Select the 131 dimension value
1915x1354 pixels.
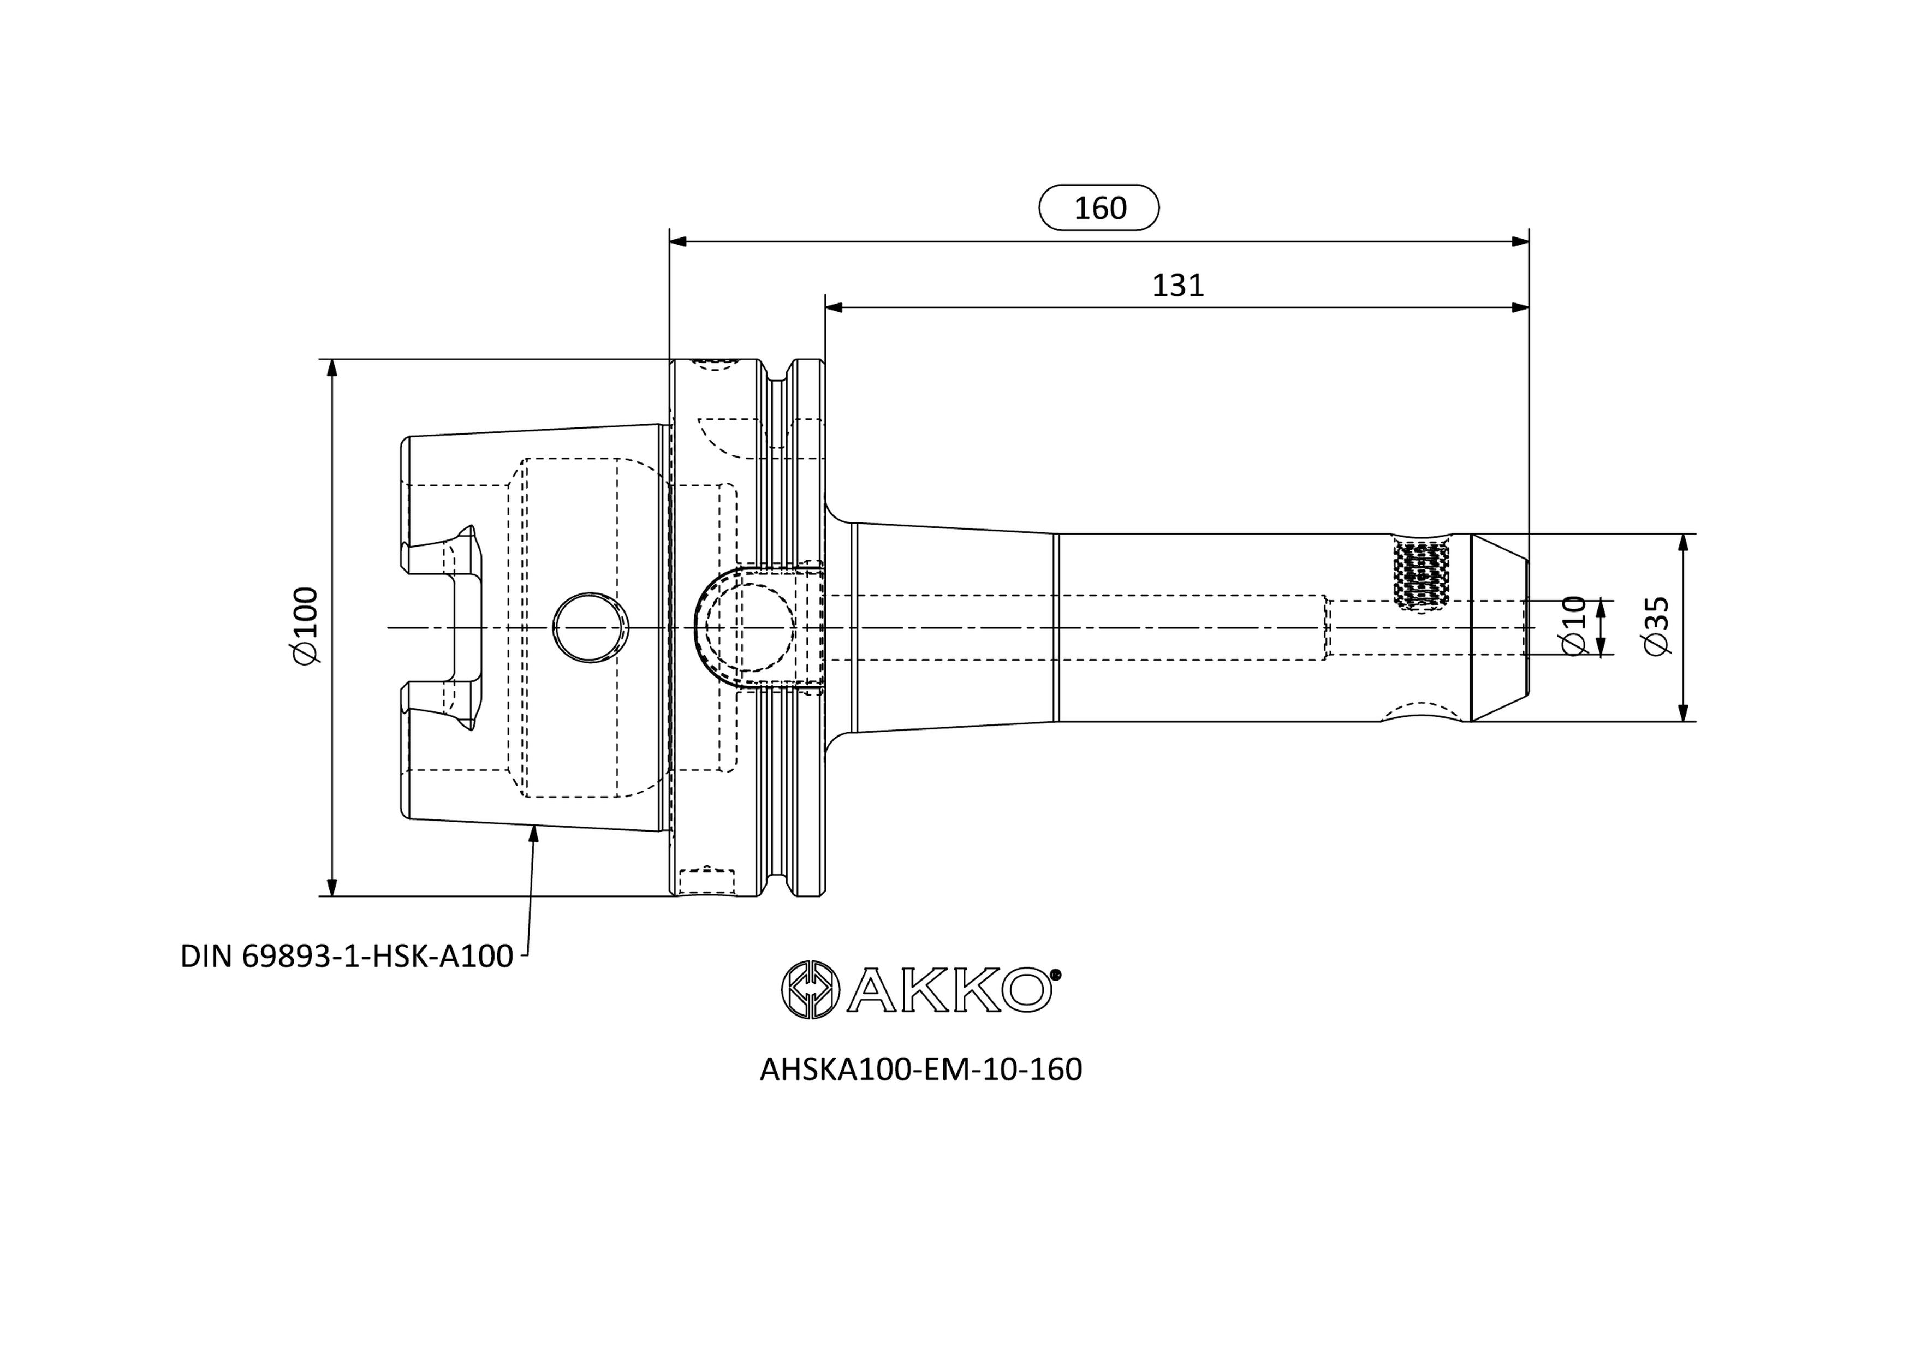coord(1177,286)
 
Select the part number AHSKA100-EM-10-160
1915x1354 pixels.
coord(921,1070)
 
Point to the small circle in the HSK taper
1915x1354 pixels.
coord(591,627)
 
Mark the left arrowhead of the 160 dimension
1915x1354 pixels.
coord(678,242)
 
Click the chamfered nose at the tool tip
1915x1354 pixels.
coord(1499,627)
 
